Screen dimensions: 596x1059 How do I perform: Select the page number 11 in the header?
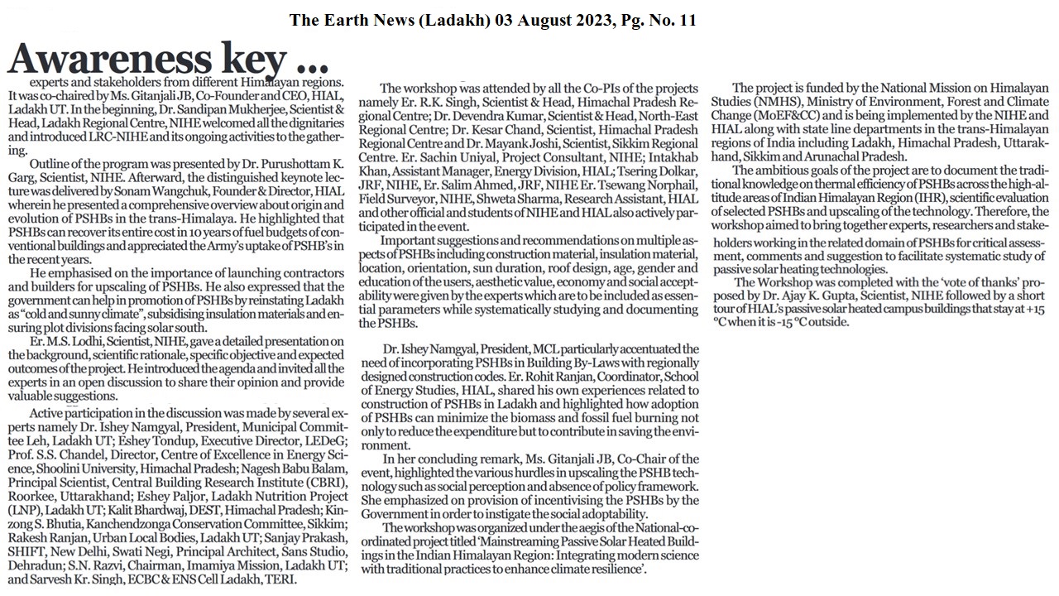coord(686,20)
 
